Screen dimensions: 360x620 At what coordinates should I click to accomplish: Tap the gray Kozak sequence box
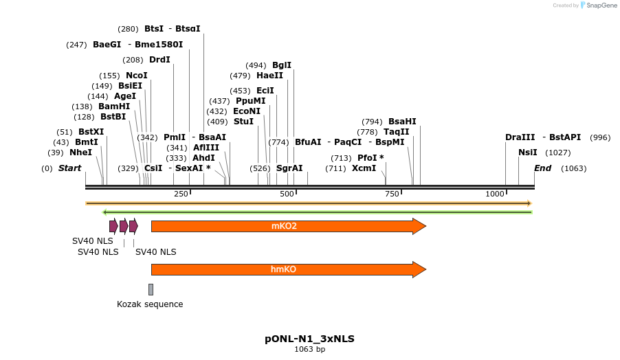(151, 289)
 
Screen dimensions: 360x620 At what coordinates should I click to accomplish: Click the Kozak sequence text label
(150, 304)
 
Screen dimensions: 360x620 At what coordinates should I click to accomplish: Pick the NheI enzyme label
(80, 153)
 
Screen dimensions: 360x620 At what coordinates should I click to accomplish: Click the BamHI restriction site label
(113, 106)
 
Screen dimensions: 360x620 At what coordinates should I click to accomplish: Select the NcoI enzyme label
(136, 76)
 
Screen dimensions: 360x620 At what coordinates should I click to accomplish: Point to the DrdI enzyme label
(159, 60)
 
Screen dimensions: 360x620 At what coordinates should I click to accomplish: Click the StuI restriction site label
(243, 122)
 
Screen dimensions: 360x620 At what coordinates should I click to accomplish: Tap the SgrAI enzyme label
(289, 168)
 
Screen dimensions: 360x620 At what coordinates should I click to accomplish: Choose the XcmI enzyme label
(364, 168)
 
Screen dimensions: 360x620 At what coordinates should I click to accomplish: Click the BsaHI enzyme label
(402, 122)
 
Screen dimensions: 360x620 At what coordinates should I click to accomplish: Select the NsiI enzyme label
(528, 153)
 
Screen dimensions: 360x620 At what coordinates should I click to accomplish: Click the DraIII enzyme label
(520, 137)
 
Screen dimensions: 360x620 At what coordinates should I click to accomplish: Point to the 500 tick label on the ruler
(287, 194)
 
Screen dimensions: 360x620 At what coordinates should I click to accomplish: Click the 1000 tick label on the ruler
(495, 194)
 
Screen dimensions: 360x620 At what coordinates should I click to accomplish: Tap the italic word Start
(69, 168)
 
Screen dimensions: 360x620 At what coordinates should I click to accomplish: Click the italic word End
(542, 168)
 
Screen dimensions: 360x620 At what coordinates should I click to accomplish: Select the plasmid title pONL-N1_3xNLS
(309, 339)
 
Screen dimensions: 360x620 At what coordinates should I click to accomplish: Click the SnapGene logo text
(601, 5)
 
